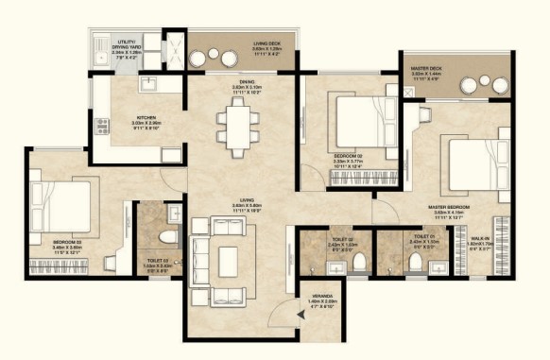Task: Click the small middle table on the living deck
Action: [218, 54]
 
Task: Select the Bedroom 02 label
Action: [350, 158]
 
